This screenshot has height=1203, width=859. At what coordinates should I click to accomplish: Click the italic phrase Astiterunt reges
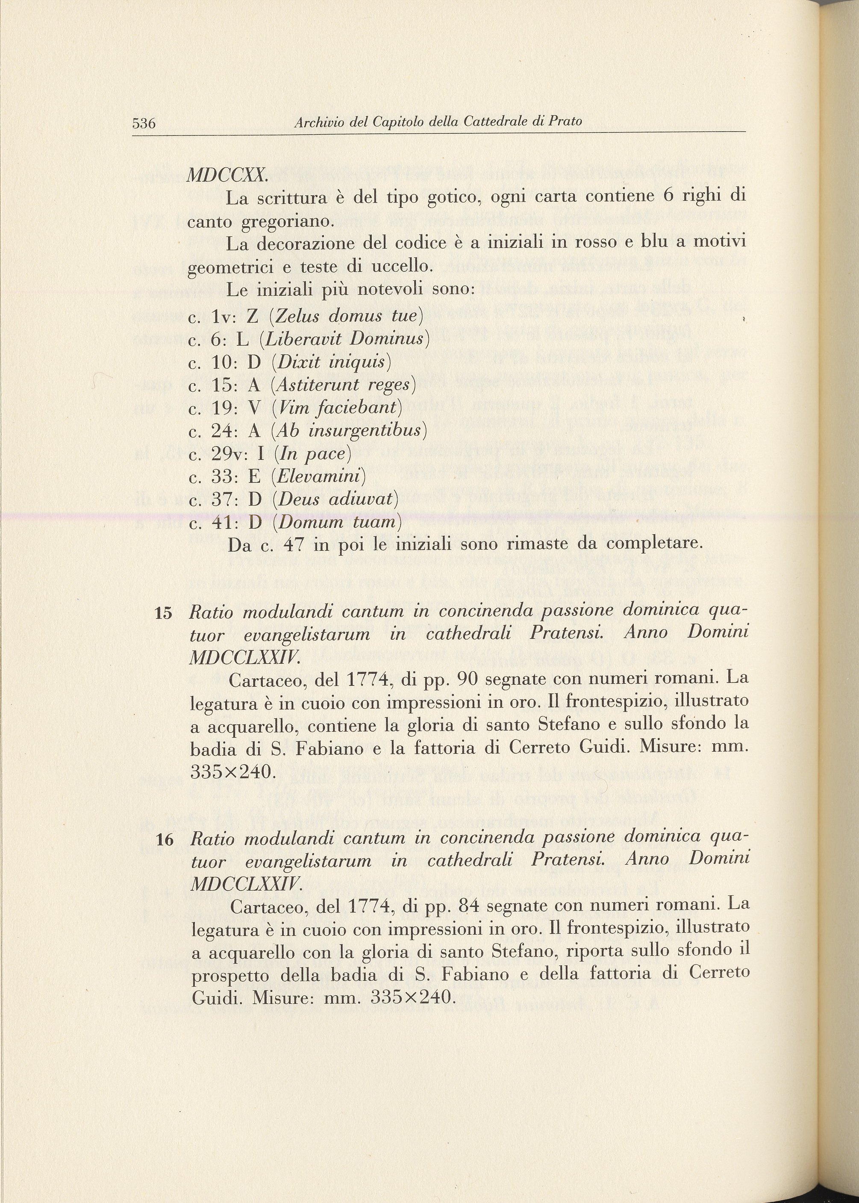tap(343, 385)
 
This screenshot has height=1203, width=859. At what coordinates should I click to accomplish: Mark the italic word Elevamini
tap(318, 476)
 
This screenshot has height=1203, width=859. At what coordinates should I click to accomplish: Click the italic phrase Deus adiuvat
tap(335, 499)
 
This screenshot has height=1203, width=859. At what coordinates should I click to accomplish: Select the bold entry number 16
tap(165, 840)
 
